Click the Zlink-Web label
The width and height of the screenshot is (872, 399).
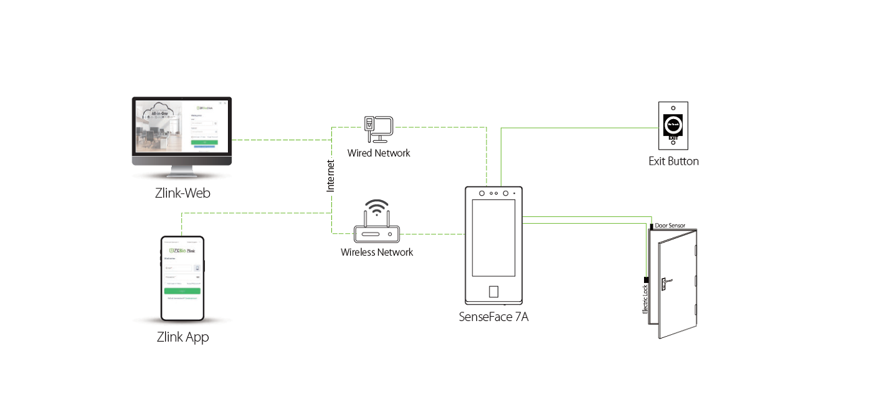point(182,193)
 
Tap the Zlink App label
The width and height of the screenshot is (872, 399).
point(182,337)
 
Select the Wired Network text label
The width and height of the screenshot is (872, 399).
point(379,153)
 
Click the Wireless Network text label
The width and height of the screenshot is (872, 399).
point(377,252)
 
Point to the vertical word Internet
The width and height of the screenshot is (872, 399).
point(331,175)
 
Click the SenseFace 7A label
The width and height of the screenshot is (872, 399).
point(493,317)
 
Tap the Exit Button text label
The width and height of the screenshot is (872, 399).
point(673,161)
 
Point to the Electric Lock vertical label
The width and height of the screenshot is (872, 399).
point(645,299)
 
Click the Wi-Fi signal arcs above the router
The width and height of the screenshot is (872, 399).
point(376,206)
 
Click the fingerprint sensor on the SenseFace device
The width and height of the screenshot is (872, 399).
point(493,292)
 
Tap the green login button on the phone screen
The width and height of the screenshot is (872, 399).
point(182,291)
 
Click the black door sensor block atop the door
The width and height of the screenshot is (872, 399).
point(652,225)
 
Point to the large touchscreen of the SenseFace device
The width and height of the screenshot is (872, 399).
point(493,238)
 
